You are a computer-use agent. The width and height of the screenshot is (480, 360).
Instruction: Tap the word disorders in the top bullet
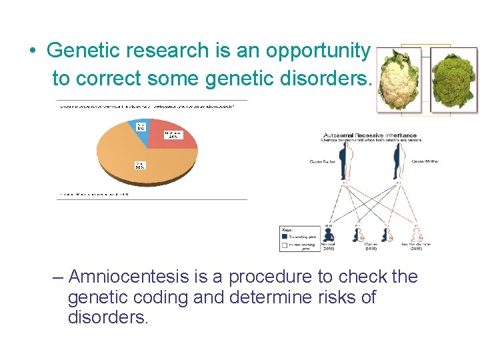coord(321,79)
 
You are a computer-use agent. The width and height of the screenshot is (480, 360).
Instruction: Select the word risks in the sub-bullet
coord(326,297)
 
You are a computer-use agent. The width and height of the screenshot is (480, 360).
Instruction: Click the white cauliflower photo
coord(399,79)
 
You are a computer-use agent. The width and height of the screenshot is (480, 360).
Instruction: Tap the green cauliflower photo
coord(454,79)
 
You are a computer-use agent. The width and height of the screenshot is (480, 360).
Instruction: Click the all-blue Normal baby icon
coord(329,235)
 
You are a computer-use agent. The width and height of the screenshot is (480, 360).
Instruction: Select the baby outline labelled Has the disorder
coord(415,235)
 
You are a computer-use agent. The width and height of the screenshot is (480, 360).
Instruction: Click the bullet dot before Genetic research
coord(31,51)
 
